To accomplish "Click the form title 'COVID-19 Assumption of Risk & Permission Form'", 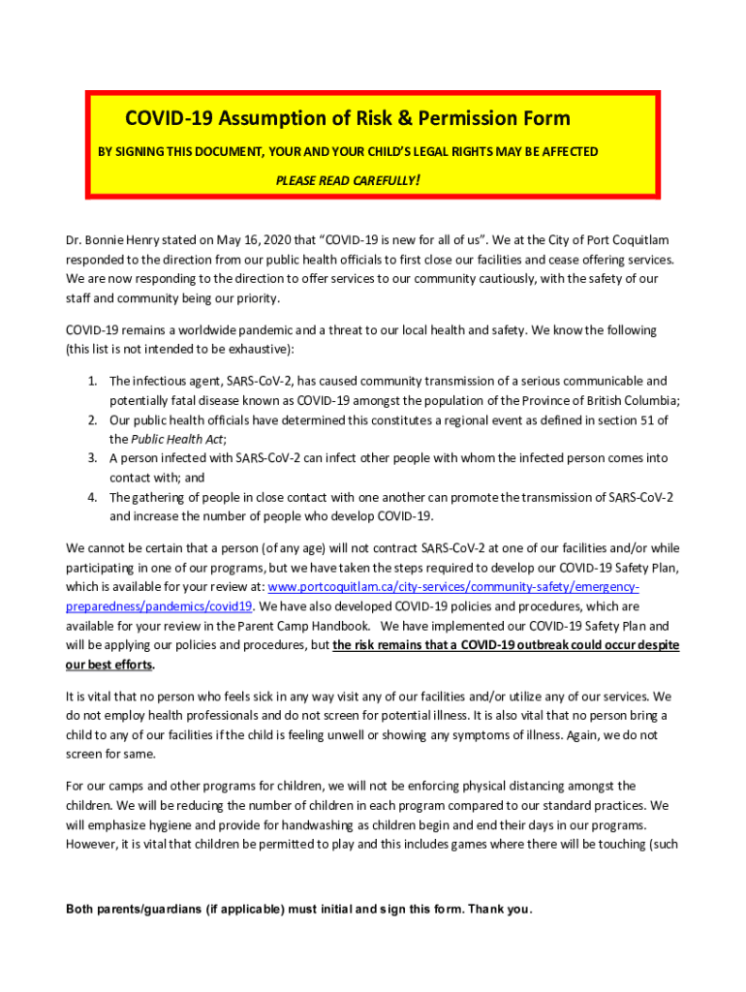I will click(x=347, y=119).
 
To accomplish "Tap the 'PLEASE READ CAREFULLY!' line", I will click(x=347, y=181).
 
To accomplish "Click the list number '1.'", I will click(x=92, y=381).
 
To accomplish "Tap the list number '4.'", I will click(x=92, y=497).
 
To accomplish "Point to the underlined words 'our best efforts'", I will click(x=109, y=665).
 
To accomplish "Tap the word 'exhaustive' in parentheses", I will click(x=259, y=349).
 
